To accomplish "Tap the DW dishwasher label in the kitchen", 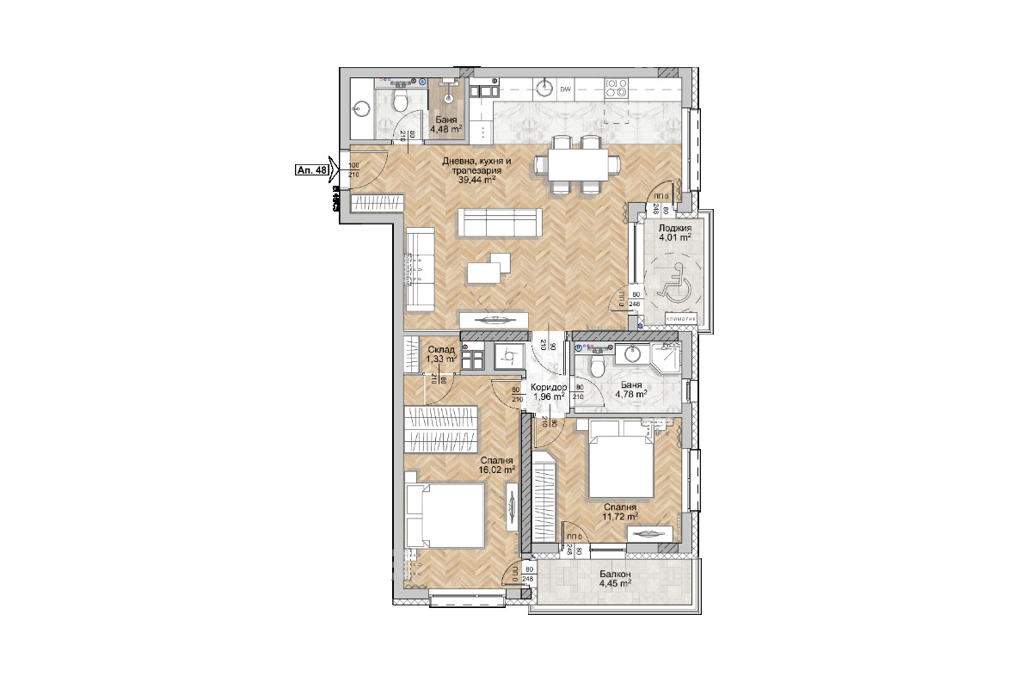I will pyautogui.click(x=566, y=89).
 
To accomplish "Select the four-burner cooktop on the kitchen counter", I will pyautogui.click(x=617, y=88).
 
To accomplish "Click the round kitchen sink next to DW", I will pyautogui.click(x=543, y=88).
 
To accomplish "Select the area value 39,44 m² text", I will pyautogui.click(x=476, y=181).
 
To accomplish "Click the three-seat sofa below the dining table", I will pyautogui.click(x=499, y=222).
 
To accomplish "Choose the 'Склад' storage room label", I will pyautogui.click(x=441, y=349).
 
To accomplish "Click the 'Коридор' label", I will pyautogui.click(x=548, y=388).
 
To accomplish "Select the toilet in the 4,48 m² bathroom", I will pyautogui.click(x=399, y=103).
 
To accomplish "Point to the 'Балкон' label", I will pyautogui.click(x=616, y=574).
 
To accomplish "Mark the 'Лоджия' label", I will pyautogui.click(x=675, y=229).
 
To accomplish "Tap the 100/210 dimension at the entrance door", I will pyautogui.click(x=353, y=170).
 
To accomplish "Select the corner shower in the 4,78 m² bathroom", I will pyautogui.click(x=666, y=359).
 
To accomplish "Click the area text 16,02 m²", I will pyautogui.click(x=497, y=470).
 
